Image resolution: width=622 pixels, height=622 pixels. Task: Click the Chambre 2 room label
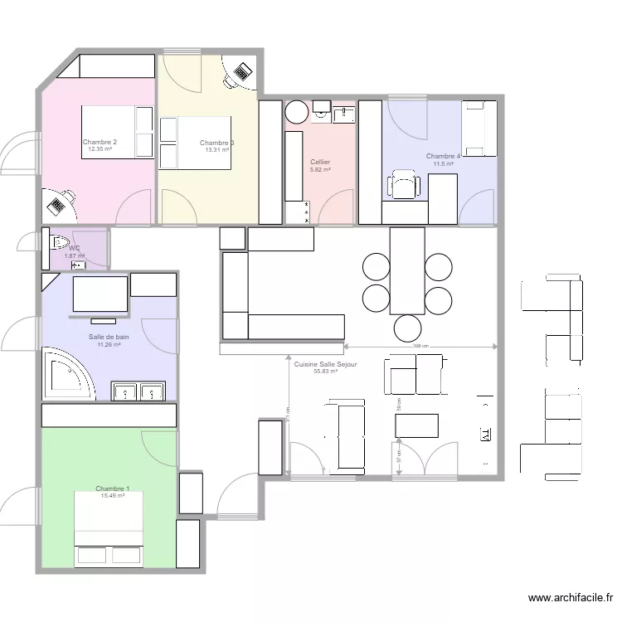[x=100, y=142]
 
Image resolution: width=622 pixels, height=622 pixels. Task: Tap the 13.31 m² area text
[x=216, y=150]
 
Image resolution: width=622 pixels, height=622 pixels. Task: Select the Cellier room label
[x=320, y=162]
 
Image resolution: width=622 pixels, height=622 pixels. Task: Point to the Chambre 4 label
[x=443, y=156]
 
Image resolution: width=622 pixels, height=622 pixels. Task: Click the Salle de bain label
[x=109, y=338]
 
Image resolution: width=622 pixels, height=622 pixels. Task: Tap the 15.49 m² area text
[x=112, y=496]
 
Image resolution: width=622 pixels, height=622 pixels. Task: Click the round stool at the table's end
[x=408, y=326]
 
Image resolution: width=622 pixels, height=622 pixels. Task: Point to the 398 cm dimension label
[x=420, y=346]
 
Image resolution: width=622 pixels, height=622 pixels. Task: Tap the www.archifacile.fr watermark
[x=571, y=598]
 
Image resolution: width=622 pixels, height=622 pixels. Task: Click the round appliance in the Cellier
[x=296, y=111]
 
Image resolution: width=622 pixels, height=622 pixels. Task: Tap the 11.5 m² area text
[x=444, y=164]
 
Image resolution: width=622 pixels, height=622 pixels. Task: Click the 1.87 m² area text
[x=75, y=255]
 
